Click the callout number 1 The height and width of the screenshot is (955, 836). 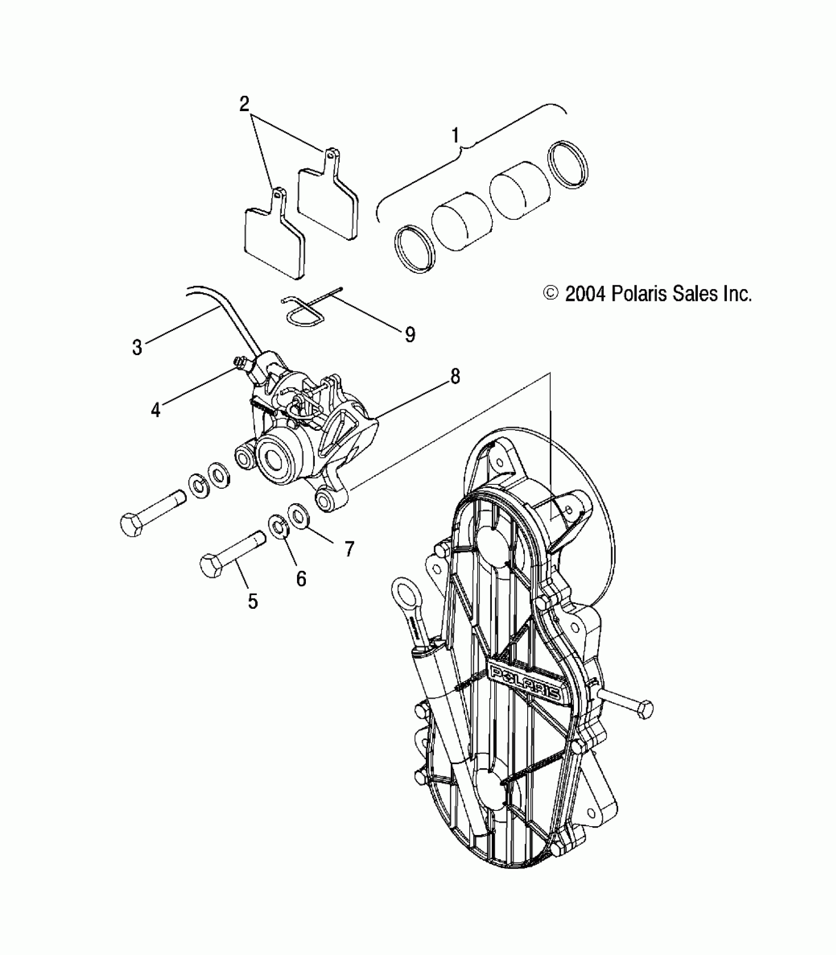(455, 135)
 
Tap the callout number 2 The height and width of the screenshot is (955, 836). (244, 104)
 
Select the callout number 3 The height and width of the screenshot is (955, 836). (137, 347)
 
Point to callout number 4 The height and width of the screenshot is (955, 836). (156, 409)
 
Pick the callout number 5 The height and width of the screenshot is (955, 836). (252, 600)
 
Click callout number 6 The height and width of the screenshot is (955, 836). (301, 579)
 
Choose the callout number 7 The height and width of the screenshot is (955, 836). (349, 549)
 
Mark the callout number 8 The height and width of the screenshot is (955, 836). (455, 377)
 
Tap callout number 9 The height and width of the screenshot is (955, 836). (410, 334)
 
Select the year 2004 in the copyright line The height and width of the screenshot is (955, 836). (586, 294)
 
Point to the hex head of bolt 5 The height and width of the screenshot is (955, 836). (212, 567)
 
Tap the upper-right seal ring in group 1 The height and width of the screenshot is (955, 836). (567, 165)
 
